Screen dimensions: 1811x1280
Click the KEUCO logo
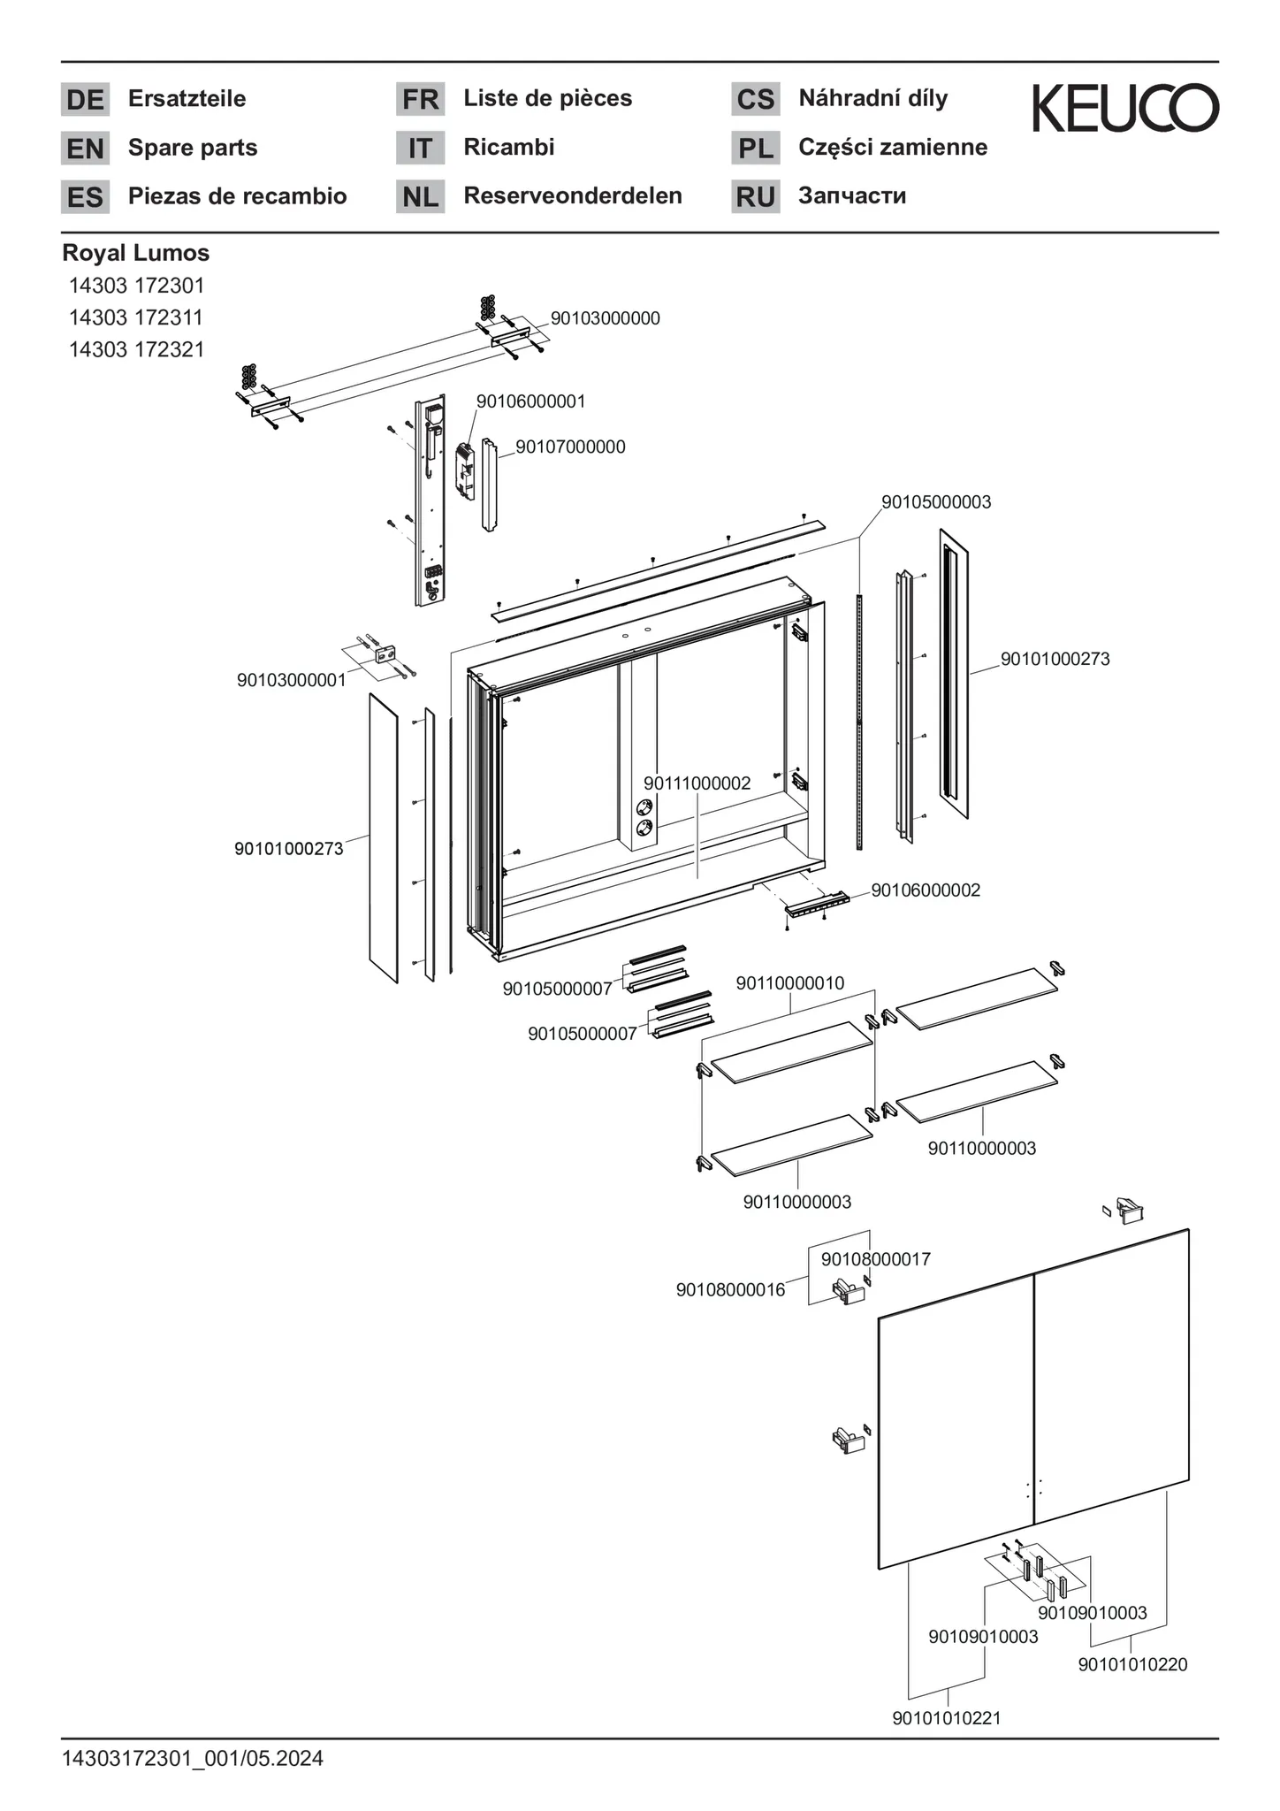click(1125, 108)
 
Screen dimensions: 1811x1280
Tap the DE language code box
click(85, 99)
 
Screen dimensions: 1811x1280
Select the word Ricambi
click(508, 147)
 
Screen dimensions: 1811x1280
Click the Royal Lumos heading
click(136, 253)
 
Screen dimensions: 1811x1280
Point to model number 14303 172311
click(136, 317)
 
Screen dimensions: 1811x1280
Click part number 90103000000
click(605, 318)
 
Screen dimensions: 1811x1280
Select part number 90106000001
click(530, 401)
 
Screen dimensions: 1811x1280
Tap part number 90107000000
click(570, 447)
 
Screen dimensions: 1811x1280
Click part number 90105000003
click(936, 502)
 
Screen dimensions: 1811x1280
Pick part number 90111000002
click(697, 783)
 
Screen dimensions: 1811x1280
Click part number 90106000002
click(926, 890)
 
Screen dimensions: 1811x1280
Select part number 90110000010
click(789, 983)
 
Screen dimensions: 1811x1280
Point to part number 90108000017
click(876, 1259)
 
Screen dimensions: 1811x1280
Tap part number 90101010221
click(947, 1718)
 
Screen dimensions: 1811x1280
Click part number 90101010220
click(1132, 1665)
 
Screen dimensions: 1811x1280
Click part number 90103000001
click(291, 681)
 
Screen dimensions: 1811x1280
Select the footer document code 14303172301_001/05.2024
click(193, 1759)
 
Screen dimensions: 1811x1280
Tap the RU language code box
click(755, 196)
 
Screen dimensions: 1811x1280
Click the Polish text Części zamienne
click(893, 147)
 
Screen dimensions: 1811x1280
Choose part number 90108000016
click(730, 1290)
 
